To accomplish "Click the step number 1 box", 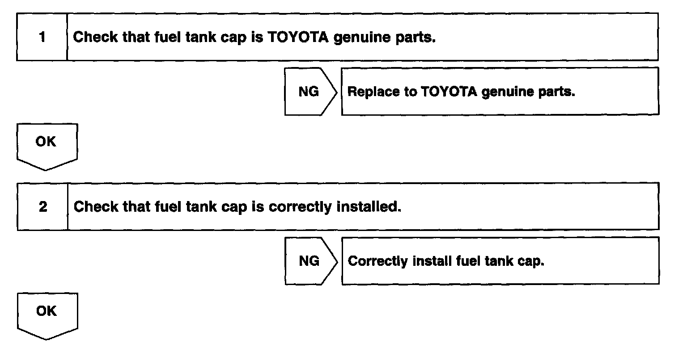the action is (42, 37).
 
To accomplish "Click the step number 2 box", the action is (43, 206).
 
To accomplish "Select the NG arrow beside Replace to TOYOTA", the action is (310, 92).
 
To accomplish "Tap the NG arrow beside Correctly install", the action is (310, 261).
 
